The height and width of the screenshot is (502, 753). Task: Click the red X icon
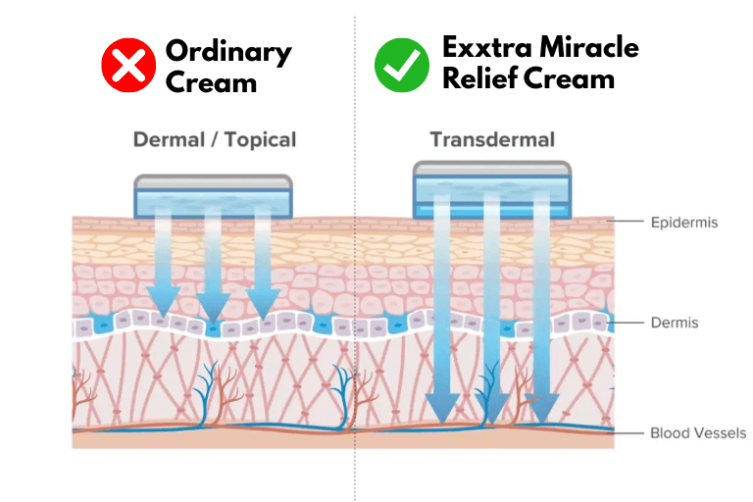coord(128,65)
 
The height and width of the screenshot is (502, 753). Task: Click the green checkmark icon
coord(401,65)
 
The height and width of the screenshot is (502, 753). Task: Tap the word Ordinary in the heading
coord(228,51)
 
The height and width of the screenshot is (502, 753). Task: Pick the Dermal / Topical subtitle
coord(214,139)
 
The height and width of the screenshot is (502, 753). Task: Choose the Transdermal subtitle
coord(492,139)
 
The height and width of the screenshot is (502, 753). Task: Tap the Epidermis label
coord(684,223)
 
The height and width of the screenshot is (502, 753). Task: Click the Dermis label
coord(674,322)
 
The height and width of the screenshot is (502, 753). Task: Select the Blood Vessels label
coord(698,432)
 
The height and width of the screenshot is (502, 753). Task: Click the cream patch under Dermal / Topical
coord(213,196)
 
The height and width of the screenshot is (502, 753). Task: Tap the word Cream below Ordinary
coord(211,82)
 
